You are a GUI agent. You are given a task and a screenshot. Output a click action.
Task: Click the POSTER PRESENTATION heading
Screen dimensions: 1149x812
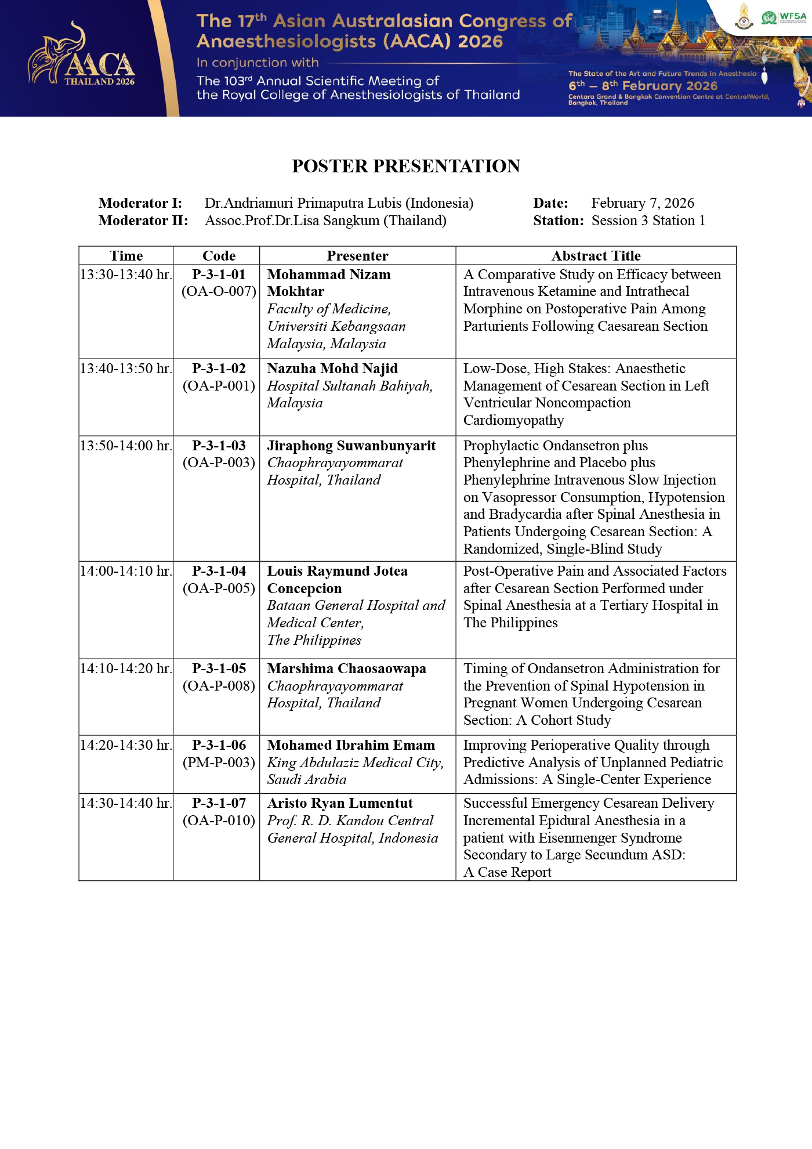point(406,167)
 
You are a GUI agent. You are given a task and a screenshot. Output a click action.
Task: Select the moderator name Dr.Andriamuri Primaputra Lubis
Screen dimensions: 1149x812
point(339,203)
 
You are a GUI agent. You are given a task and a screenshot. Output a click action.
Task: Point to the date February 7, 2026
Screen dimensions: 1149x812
point(643,203)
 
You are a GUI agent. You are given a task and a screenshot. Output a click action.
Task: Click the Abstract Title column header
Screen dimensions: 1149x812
point(596,256)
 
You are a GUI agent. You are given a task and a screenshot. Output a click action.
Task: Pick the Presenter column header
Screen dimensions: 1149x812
point(357,256)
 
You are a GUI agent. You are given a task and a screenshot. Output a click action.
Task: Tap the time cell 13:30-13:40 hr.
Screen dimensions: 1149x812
point(126,274)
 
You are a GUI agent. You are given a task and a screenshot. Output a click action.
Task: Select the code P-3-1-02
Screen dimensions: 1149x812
point(219,368)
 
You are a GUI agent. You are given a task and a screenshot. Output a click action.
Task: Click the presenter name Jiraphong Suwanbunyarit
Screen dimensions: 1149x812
point(351,446)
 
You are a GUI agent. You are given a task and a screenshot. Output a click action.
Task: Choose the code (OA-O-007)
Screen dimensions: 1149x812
point(219,291)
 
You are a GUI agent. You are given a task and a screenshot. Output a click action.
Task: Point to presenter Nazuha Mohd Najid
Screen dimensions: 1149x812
point(332,368)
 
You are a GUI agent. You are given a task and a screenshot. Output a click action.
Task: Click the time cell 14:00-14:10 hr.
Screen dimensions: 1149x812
point(126,571)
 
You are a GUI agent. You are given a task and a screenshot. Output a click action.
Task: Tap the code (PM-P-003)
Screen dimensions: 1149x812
point(219,763)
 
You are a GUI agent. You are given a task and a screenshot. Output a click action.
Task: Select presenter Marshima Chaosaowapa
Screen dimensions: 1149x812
point(346,669)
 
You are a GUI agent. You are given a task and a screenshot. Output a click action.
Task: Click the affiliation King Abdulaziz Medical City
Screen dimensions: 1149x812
point(355,763)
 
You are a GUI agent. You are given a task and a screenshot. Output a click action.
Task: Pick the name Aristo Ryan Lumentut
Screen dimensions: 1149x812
point(340,803)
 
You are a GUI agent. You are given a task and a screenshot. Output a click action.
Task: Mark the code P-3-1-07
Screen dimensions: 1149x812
point(219,803)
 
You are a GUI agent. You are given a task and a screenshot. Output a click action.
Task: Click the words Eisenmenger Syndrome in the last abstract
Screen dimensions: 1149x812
point(610,838)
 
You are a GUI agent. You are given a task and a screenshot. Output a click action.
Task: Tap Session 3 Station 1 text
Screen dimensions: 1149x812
point(648,221)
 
